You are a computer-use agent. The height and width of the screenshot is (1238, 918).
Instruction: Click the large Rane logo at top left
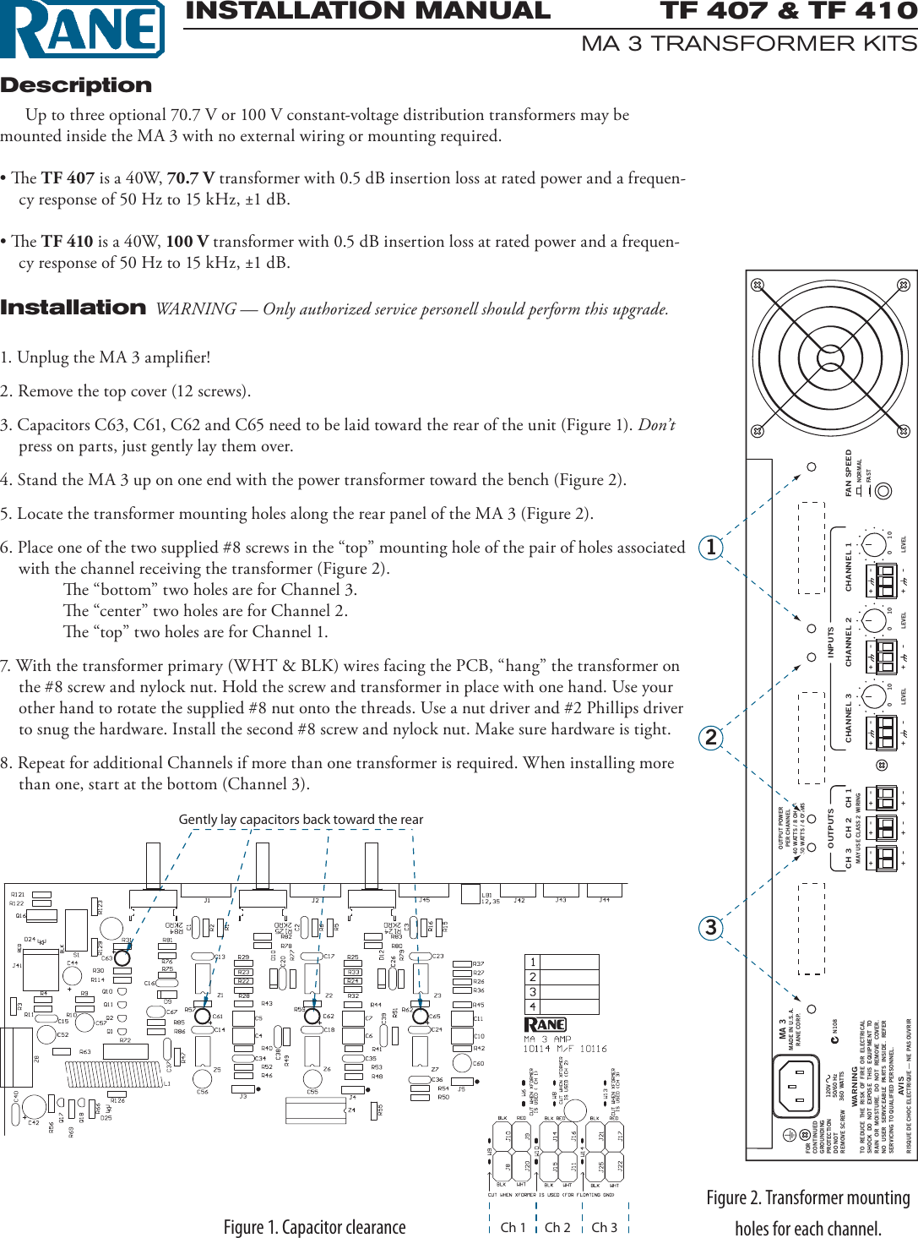point(82,30)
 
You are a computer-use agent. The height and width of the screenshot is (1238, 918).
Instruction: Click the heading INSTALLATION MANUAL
point(367,11)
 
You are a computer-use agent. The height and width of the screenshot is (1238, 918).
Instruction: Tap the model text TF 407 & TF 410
point(787,11)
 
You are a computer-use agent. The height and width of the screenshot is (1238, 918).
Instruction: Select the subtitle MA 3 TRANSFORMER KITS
point(748,44)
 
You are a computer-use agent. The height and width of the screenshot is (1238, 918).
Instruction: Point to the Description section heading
point(76,85)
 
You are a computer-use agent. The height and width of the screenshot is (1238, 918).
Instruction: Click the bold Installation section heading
point(73,308)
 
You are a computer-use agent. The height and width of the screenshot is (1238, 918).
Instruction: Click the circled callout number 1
point(711,547)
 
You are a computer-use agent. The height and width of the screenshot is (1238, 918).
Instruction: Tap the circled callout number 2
point(711,737)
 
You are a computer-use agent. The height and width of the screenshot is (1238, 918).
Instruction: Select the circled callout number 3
point(711,927)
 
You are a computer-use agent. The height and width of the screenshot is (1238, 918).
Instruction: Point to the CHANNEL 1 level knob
point(873,545)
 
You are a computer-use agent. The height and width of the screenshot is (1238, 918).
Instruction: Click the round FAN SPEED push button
point(883,490)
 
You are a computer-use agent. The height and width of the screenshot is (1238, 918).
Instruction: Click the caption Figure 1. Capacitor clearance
point(314,1227)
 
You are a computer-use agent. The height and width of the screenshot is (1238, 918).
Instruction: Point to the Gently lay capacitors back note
point(301,819)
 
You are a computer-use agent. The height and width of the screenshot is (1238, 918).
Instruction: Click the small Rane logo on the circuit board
point(546,1024)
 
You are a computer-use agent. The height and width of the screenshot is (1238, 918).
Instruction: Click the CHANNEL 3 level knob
point(873,697)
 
